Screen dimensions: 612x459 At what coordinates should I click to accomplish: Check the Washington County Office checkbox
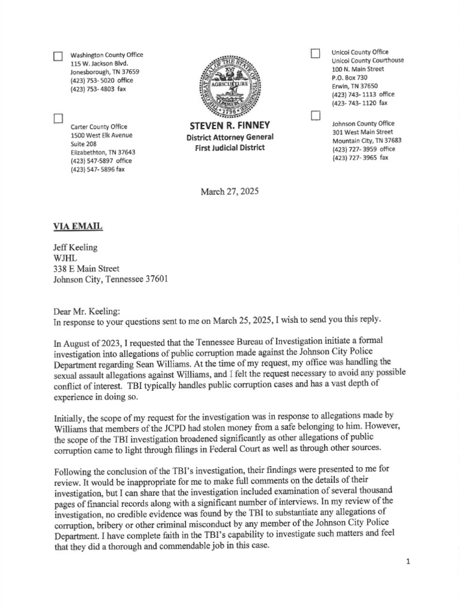click(x=58, y=57)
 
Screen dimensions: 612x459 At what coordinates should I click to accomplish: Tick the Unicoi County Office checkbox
click(x=315, y=54)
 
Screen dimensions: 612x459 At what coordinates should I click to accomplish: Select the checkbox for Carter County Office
click(x=58, y=118)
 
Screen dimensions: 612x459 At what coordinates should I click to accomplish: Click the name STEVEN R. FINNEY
click(x=230, y=126)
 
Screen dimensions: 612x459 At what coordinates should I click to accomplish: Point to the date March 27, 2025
click(x=230, y=191)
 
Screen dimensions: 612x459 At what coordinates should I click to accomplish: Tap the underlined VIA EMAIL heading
click(x=78, y=226)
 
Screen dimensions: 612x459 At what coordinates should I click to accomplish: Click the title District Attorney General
click(x=230, y=137)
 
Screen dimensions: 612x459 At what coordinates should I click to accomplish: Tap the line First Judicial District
click(x=230, y=148)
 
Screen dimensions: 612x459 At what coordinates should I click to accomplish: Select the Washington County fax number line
click(x=98, y=89)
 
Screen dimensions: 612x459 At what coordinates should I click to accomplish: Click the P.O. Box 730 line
click(x=350, y=78)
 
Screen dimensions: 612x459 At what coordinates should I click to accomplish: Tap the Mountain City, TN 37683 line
click(x=366, y=140)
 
